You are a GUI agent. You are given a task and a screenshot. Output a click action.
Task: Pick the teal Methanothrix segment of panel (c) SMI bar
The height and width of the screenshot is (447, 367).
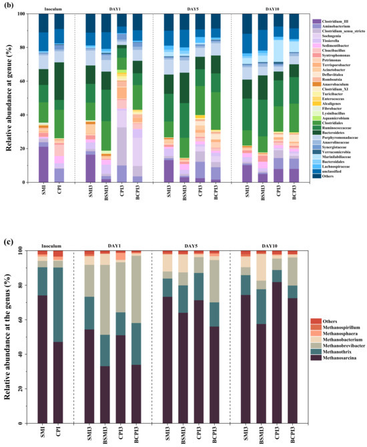(x=42, y=281)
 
